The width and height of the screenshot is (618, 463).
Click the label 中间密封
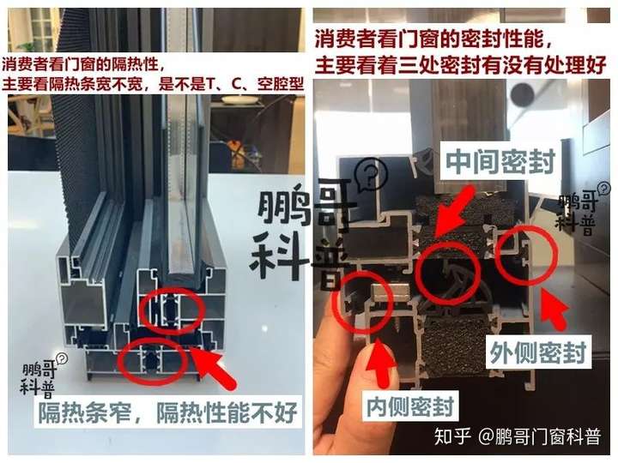coord(500,161)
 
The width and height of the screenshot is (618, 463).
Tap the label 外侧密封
coord(538,352)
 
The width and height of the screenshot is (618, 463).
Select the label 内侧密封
coord(410,406)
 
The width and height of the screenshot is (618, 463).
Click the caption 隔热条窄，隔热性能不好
coord(167,412)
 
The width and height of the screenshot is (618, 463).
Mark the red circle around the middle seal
coord(420,274)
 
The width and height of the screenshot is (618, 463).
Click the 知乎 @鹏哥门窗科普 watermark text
coord(517,436)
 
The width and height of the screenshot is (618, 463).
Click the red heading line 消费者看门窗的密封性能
coord(433,39)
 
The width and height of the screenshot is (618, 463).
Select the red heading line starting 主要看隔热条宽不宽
coord(153,84)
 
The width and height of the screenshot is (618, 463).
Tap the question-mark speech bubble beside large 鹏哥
coord(371,173)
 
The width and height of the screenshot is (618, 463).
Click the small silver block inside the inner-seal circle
coord(383,292)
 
